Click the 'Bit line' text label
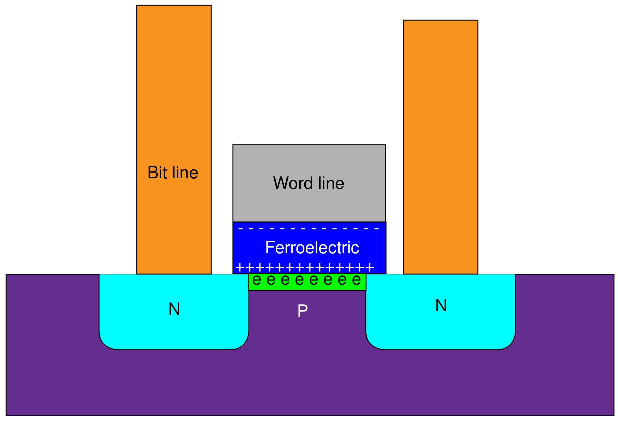173,172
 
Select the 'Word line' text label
309,183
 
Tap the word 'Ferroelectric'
312,247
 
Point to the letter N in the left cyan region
174,309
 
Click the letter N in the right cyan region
441,305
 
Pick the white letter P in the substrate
302,311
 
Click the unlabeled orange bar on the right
440,107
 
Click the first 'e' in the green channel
256,280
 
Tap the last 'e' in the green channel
356,280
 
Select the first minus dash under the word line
240,229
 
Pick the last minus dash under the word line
376,229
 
